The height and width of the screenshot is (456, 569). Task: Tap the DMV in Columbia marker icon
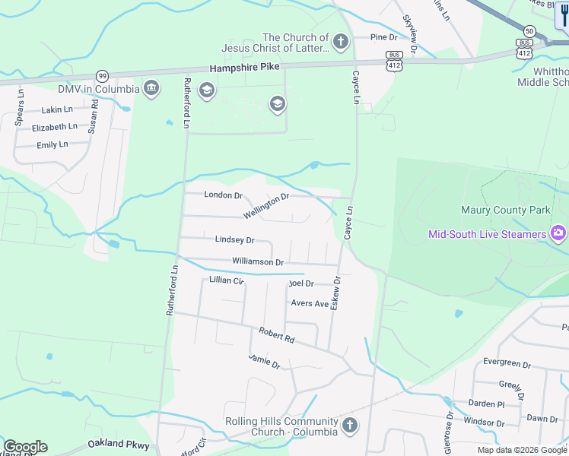point(151,89)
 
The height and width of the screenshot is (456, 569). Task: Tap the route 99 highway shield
point(102,75)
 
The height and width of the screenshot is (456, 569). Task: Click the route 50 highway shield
point(529,30)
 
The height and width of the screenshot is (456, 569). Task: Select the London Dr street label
point(223,195)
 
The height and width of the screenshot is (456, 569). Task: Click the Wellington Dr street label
point(266,206)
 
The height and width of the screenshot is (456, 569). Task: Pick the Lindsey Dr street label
point(234,239)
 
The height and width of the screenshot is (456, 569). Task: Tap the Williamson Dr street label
point(258,262)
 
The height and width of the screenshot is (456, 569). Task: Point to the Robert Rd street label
point(276,336)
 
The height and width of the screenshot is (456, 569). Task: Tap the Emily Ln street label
point(52,144)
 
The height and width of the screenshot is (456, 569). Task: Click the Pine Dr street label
point(384,37)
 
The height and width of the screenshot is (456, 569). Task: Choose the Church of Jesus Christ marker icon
point(341,42)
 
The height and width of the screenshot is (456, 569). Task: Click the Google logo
point(25,447)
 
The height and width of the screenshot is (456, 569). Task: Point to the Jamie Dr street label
point(264,361)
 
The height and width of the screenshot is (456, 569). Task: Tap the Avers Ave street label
point(310,303)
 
